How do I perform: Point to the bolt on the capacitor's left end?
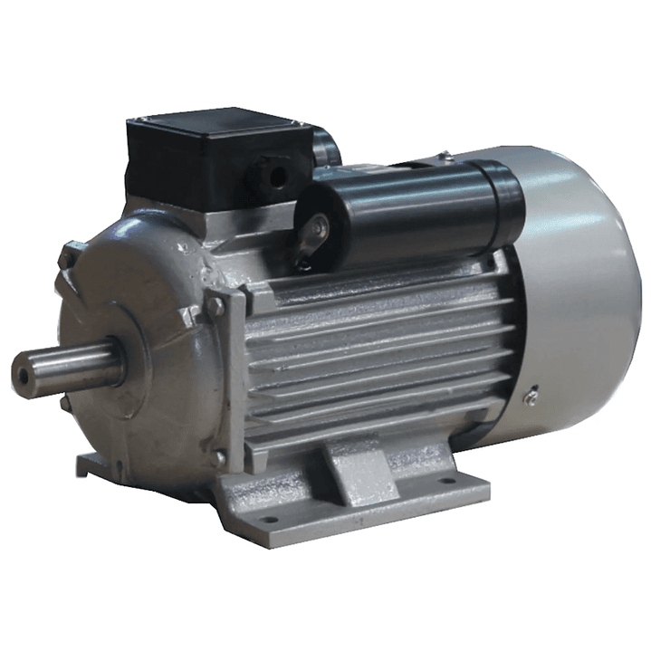click(314, 227)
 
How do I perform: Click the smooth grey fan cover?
click(579, 290)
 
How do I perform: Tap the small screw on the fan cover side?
click(532, 395)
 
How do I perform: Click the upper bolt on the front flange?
click(215, 307)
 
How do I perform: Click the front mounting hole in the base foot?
click(269, 520)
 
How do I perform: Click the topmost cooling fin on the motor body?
click(380, 272)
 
